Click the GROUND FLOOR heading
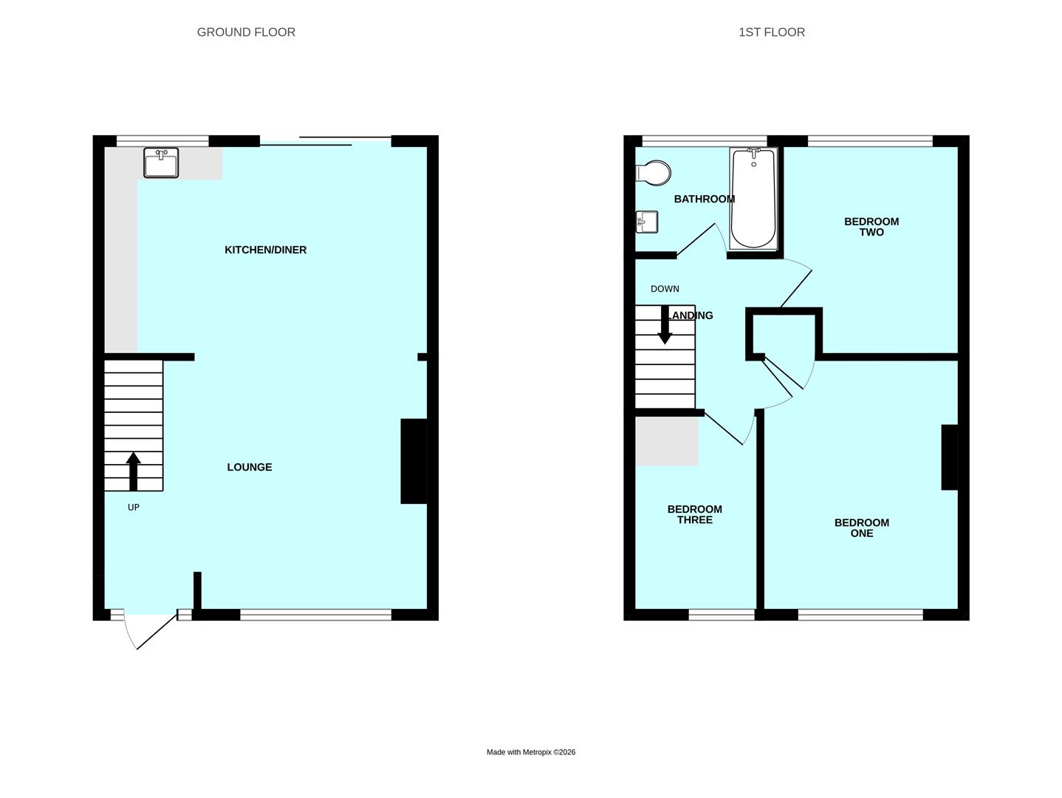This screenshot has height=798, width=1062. tap(246, 33)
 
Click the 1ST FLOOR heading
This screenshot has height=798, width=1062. tap(771, 33)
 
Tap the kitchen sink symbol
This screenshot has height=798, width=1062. tap(161, 163)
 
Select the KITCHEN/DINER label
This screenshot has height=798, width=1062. tap(265, 250)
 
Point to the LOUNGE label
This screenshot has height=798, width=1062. tap(249, 467)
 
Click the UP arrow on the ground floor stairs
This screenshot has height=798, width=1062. tap(134, 471)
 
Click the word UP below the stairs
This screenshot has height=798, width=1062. tap(134, 507)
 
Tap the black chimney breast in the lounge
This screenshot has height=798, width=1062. tap(414, 461)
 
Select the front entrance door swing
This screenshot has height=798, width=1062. tap(149, 632)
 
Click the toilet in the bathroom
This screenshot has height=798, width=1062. tap(653, 173)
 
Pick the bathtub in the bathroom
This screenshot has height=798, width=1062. tap(754, 199)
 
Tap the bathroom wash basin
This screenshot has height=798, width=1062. tap(646, 222)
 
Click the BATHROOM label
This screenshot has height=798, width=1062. tap(704, 199)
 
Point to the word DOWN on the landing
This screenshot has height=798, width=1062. tap(665, 289)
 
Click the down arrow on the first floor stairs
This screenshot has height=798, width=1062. tap(665, 324)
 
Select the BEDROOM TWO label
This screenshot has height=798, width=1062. tap(871, 227)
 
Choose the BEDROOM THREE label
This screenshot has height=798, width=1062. tap(695, 514)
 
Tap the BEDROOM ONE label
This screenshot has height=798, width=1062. tap(862, 528)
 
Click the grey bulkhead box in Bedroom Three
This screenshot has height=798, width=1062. tap(667, 441)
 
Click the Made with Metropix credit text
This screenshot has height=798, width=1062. tap(531, 752)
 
